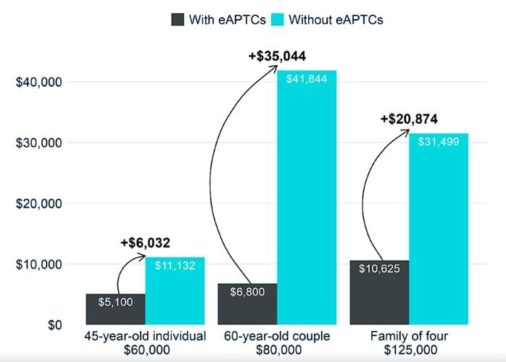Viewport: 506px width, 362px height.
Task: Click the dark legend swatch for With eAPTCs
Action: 178,20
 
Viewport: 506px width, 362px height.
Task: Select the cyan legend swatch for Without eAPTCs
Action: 278,20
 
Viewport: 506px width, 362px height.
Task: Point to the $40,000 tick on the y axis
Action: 38,82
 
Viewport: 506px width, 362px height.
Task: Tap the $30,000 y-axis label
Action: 38,143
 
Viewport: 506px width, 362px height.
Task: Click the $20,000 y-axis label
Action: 38,203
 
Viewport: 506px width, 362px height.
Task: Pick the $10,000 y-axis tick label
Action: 38,264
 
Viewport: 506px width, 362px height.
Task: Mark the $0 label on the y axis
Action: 51,325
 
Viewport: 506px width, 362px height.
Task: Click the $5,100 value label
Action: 115,302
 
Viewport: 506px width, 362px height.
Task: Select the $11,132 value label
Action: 174,266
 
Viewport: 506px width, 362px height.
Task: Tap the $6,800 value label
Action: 247,292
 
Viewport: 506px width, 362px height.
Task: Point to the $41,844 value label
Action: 307,79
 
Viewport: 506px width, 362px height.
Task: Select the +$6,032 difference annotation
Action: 146,243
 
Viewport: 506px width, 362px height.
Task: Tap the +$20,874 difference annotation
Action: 409,119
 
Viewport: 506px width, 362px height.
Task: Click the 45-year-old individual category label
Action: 145,336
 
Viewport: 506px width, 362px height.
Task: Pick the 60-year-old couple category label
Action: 277,336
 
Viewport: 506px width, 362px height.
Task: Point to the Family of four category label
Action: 410,336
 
